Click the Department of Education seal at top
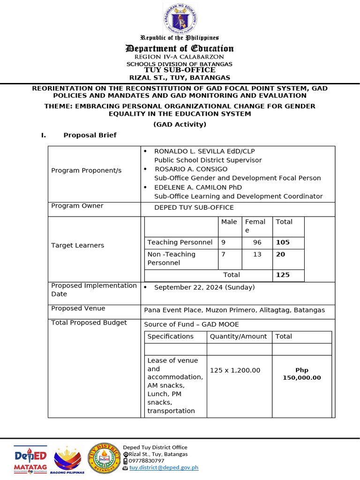click(180, 18)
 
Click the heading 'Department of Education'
click(180, 49)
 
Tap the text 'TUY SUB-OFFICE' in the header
click(180, 70)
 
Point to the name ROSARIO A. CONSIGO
click(191, 169)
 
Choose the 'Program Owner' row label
click(77, 206)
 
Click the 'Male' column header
click(229, 222)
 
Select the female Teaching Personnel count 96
click(257, 242)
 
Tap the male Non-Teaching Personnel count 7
click(224, 254)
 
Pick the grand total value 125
click(283, 275)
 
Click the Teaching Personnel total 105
click(283, 242)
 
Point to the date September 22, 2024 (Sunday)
click(204, 287)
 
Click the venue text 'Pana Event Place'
click(171, 310)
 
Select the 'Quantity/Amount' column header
click(238, 337)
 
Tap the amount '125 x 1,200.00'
click(235, 370)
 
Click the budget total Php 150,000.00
click(302, 374)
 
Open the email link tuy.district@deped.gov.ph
click(164, 467)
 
